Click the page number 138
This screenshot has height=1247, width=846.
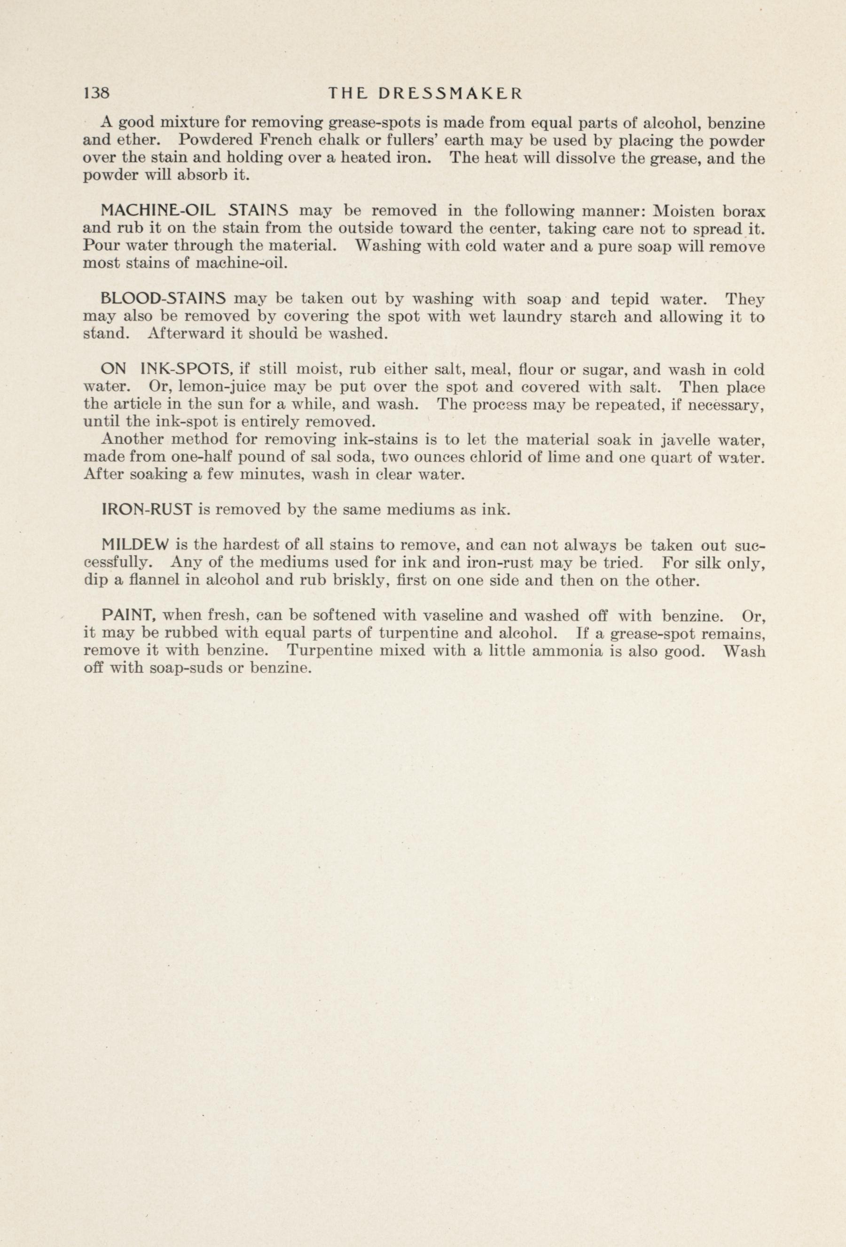(x=96, y=94)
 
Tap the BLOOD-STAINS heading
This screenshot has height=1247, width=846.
(x=164, y=298)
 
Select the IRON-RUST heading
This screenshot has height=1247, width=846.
(x=147, y=509)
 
